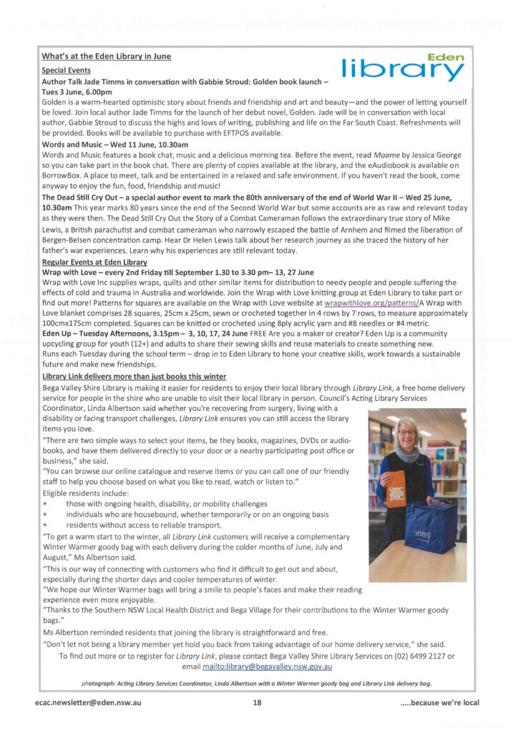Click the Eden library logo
(x=404, y=67)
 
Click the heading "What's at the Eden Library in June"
(x=107, y=56)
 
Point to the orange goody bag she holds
(x=396, y=487)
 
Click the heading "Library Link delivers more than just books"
(x=134, y=377)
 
